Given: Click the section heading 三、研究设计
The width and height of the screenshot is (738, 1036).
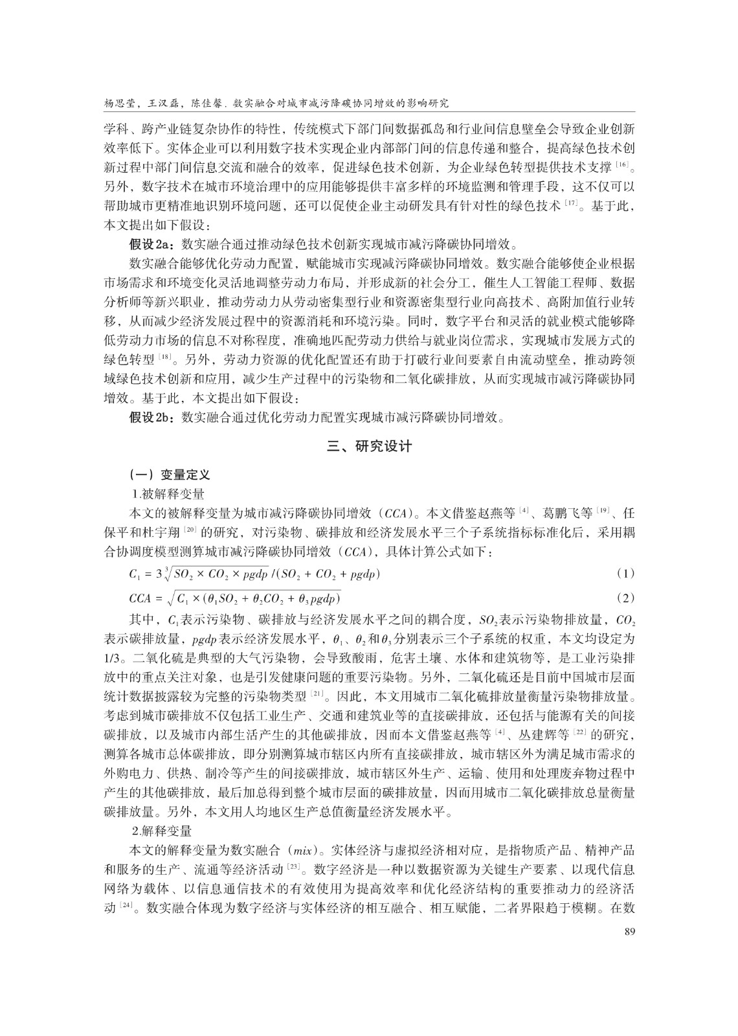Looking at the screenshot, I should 369,446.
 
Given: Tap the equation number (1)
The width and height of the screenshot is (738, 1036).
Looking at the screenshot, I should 625,574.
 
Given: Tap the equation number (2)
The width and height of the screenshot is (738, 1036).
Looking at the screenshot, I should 625,597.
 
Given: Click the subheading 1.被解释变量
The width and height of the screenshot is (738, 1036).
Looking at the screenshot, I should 168,494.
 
